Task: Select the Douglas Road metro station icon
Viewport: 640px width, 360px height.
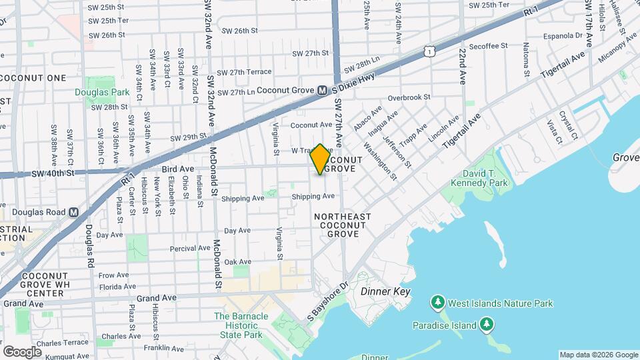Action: pyautogui.click(x=73, y=212)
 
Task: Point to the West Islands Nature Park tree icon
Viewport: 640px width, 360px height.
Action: pyautogui.click(x=438, y=303)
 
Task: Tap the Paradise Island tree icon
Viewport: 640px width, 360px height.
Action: pyautogui.click(x=487, y=325)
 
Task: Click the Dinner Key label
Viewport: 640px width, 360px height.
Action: pyautogui.click(x=385, y=292)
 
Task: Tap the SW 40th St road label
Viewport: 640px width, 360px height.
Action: pyautogui.click(x=53, y=173)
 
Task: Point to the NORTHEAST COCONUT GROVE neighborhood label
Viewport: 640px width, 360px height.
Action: pyautogui.click(x=342, y=225)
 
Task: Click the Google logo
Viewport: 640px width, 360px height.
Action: pyautogui.click(x=22, y=351)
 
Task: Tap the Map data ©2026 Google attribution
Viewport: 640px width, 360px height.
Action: pyautogui.click(x=598, y=355)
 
